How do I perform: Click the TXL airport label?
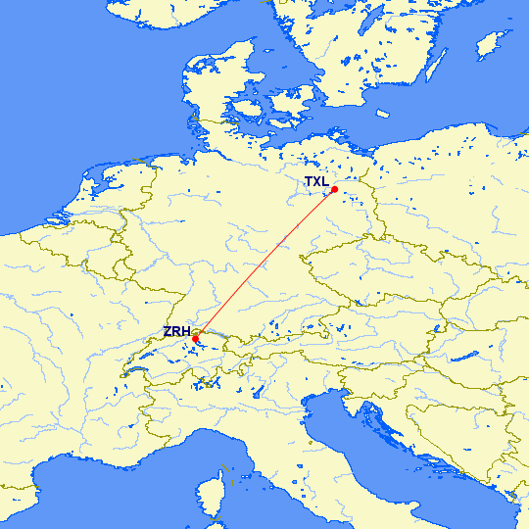316,182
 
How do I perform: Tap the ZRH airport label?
177,332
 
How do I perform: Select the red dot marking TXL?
334,189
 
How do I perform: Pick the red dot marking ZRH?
196,339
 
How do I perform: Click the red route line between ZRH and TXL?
264,264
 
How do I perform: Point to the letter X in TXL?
316,182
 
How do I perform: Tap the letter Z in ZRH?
168,332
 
